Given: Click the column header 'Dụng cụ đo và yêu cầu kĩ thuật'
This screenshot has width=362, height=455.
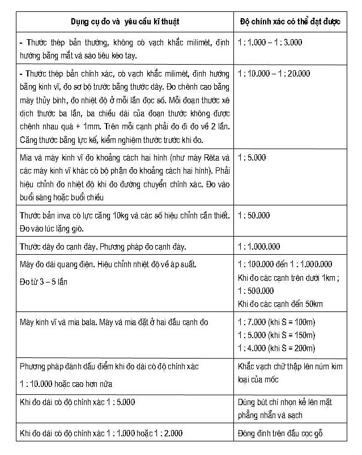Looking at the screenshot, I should [124, 22].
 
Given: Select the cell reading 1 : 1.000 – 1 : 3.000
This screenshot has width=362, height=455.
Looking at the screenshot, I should [270, 43].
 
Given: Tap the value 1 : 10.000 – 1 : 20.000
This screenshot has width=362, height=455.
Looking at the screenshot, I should [274, 73].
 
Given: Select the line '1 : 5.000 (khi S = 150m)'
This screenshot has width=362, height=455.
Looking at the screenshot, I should [276, 335].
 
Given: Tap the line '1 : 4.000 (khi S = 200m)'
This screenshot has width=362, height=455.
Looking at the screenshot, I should [276, 348].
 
